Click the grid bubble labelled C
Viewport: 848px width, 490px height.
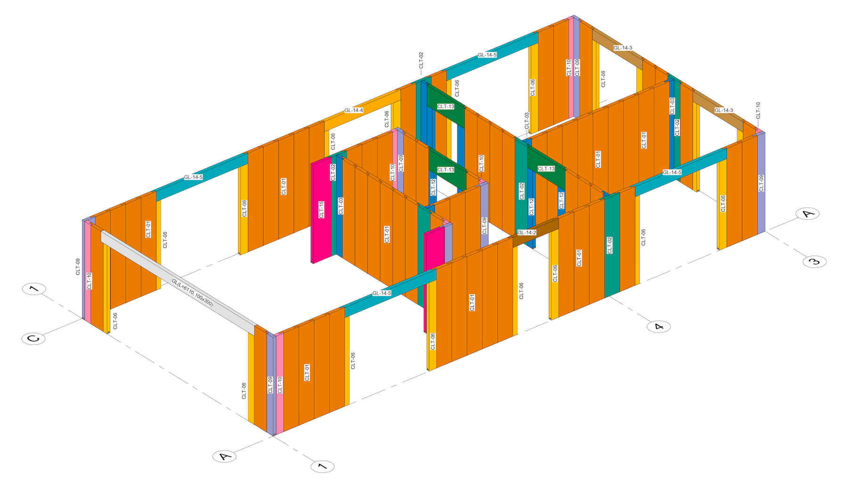pyautogui.click(x=33, y=338)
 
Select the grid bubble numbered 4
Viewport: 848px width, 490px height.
pyautogui.click(x=659, y=326)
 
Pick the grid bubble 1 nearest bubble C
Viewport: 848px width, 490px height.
pyautogui.click(x=34, y=289)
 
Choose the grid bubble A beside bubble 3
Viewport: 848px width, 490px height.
pyautogui.click(x=808, y=214)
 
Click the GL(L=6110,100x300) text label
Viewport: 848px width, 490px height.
pyautogui.click(x=192, y=293)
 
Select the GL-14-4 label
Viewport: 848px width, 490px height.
pyautogui.click(x=354, y=110)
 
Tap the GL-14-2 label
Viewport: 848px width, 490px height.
pyautogui.click(x=527, y=233)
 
